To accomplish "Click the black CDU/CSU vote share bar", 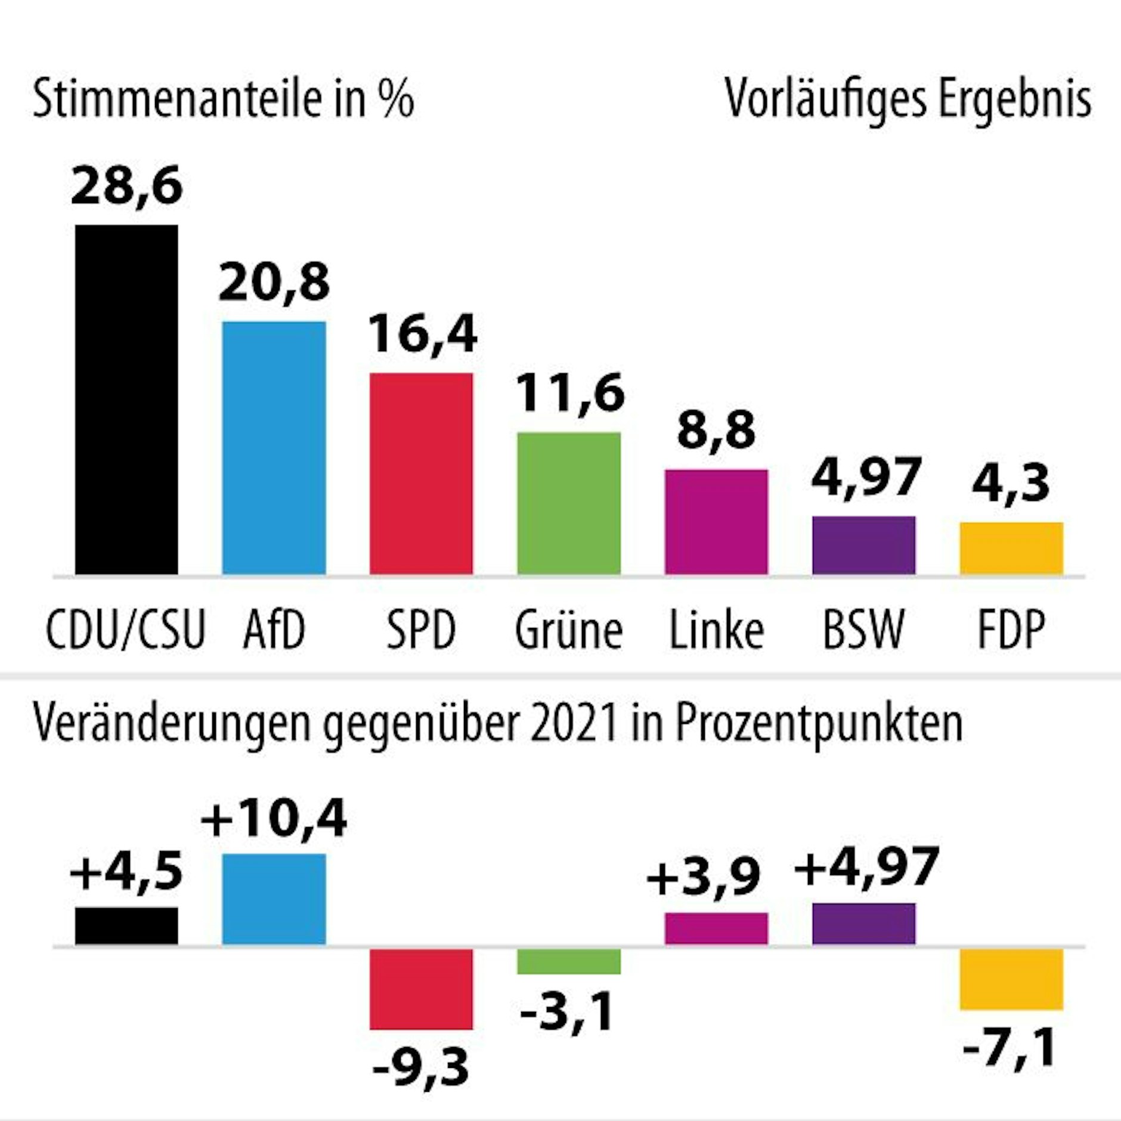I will coord(126,400).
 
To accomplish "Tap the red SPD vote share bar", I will coord(421,474).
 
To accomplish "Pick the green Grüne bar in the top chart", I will coord(568,504).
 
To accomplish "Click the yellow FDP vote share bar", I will coord(1011,549).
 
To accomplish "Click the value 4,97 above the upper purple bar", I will coord(866,477).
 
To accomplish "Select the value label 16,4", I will coord(422,335).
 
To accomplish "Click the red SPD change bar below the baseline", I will coord(421,989).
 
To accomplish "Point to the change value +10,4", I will coord(274,820).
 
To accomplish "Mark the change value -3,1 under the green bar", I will coord(566,1012).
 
